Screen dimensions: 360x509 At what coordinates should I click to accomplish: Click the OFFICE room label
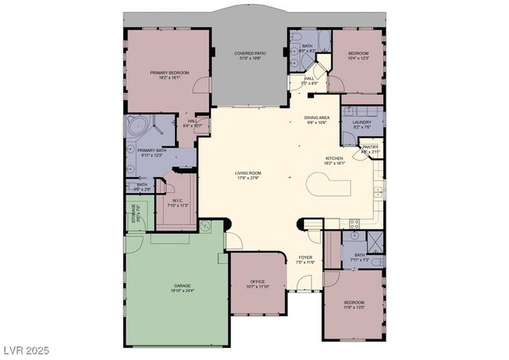click(x=257, y=281)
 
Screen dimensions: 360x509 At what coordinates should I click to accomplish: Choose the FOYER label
click(x=305, y=257)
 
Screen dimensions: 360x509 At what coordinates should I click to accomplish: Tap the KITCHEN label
click(x=333, y=158)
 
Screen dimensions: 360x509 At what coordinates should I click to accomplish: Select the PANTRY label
click(x=370, y=147)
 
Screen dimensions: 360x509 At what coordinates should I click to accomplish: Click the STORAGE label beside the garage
click(x=133, y=213)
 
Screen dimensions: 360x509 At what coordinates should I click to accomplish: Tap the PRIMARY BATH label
click(x=151, y=150)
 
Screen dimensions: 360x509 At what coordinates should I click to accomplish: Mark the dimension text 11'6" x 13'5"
click(x=354, y=308)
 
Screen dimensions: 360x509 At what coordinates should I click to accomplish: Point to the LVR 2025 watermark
click(x=25, y=350)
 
